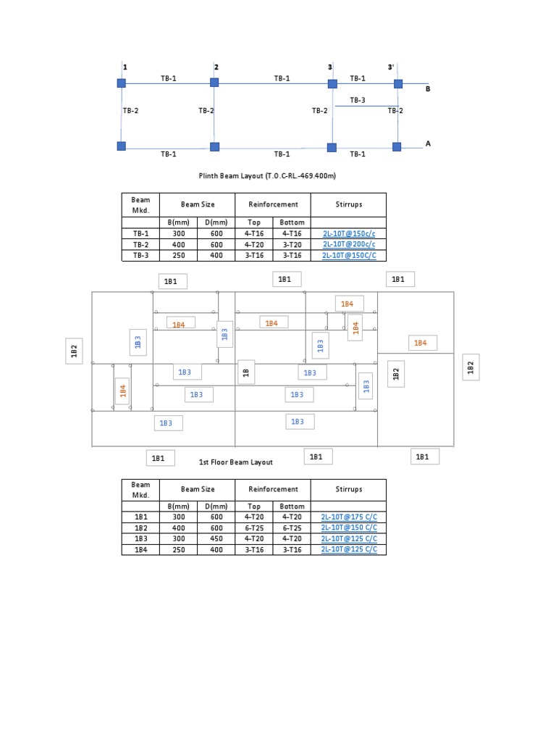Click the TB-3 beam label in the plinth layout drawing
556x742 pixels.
tap(358, 100)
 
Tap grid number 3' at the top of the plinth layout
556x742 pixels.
tap(391, 67)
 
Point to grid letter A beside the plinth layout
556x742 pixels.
tap(428, 143)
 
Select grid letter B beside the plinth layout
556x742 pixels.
tap(428, 88)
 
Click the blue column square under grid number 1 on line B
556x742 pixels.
tap(122, 83)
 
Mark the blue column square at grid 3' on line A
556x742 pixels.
tap(397, 147)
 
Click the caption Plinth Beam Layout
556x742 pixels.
tap(268, 175)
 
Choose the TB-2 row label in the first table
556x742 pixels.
tap(140, 245)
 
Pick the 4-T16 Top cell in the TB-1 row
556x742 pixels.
tap(254, 234)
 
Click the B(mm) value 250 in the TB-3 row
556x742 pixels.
tap(178, 256)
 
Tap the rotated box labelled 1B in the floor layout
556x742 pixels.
tap(245, 372)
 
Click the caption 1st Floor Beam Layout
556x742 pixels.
tap(235, 462)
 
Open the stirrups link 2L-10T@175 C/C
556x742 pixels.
tap(349, 517)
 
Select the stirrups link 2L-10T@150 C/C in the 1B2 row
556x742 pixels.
tap(349, 528)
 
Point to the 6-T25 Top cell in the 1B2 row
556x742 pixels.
tap(254, 528)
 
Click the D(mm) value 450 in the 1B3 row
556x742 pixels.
tap(216, 539)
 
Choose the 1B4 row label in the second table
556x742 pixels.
tap(140, 550)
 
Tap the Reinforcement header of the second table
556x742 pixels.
tap(273, 489)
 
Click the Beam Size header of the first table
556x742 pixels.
tap(198, 204)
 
